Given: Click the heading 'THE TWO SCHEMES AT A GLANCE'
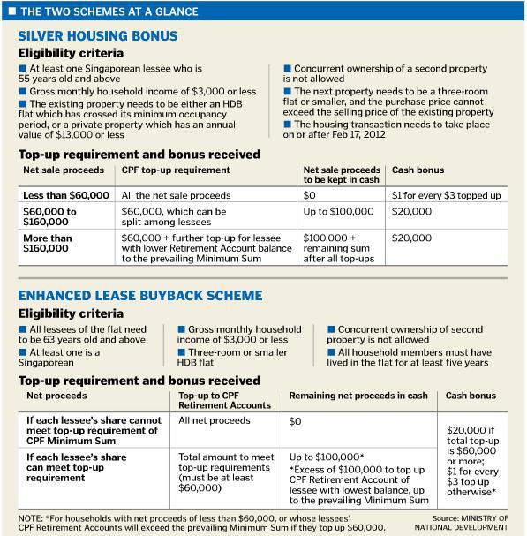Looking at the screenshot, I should tap(100, 11).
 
